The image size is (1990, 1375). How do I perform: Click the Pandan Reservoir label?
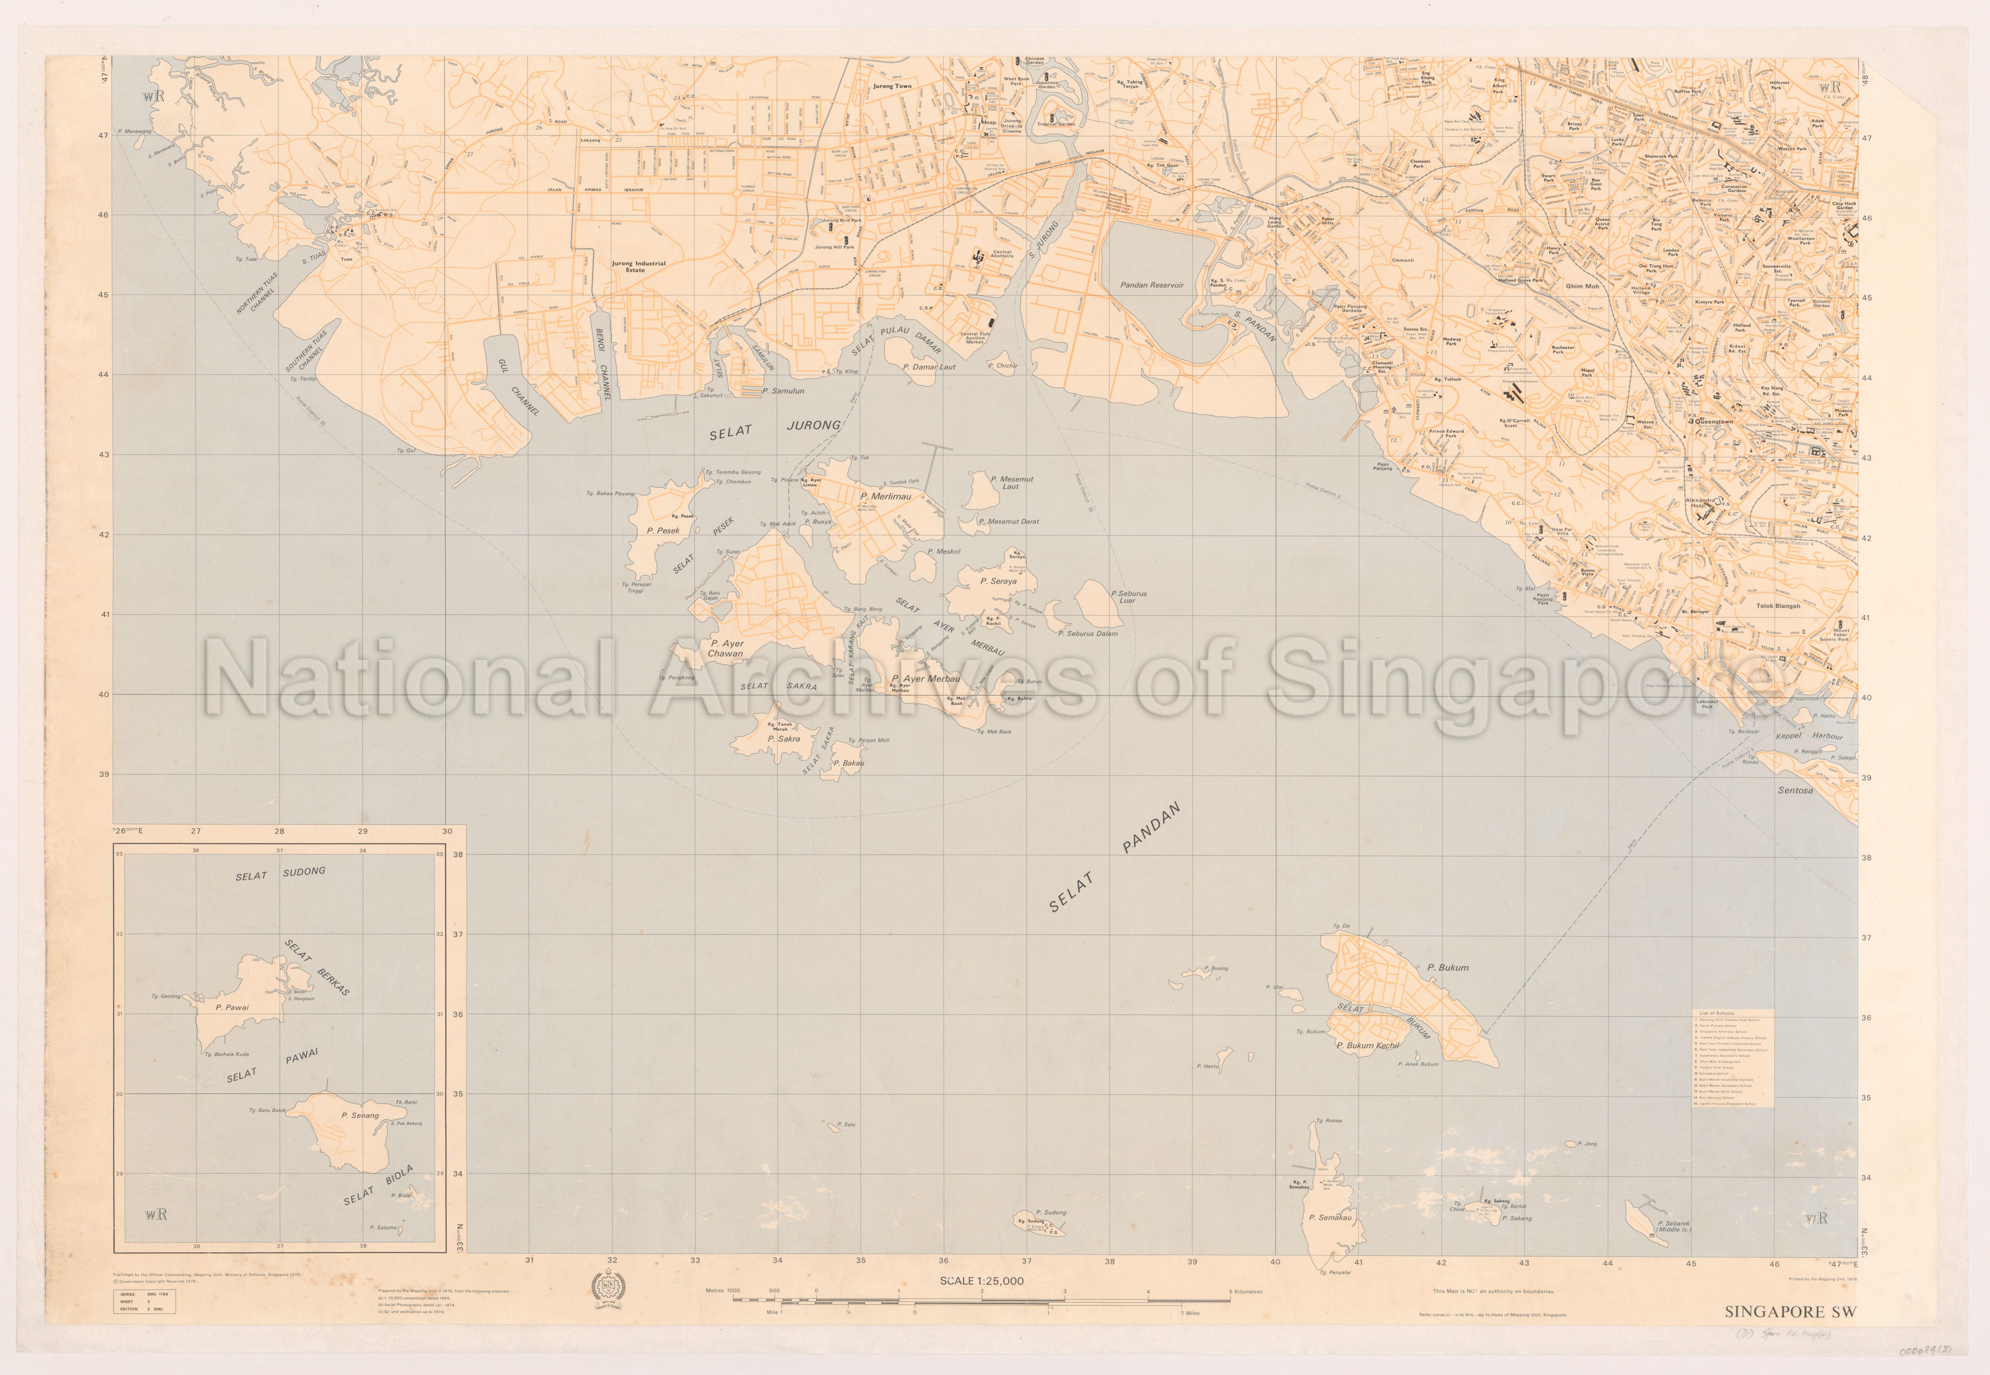coord(1152,285)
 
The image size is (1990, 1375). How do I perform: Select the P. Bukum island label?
coord(1448,968)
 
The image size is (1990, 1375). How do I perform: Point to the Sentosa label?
coord(1795,790)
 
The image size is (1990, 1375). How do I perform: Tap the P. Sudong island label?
coord(1050,1212)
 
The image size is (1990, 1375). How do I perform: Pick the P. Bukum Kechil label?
coord(1367,1046)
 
